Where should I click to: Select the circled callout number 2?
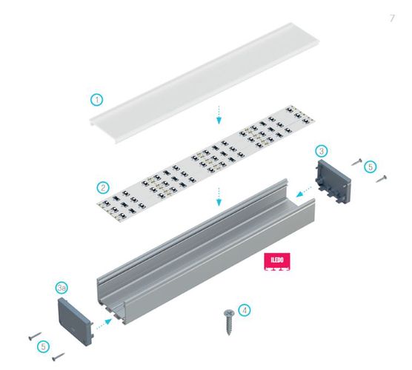point(104,186)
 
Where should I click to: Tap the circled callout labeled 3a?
point(64,286)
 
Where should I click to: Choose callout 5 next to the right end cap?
point(371,167)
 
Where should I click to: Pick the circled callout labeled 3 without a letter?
point(321,150)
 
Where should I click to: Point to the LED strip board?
point(200,159)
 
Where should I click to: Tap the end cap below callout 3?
point(334,181)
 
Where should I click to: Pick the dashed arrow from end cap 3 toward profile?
point(302,194)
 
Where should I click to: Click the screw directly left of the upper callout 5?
point(357,161)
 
